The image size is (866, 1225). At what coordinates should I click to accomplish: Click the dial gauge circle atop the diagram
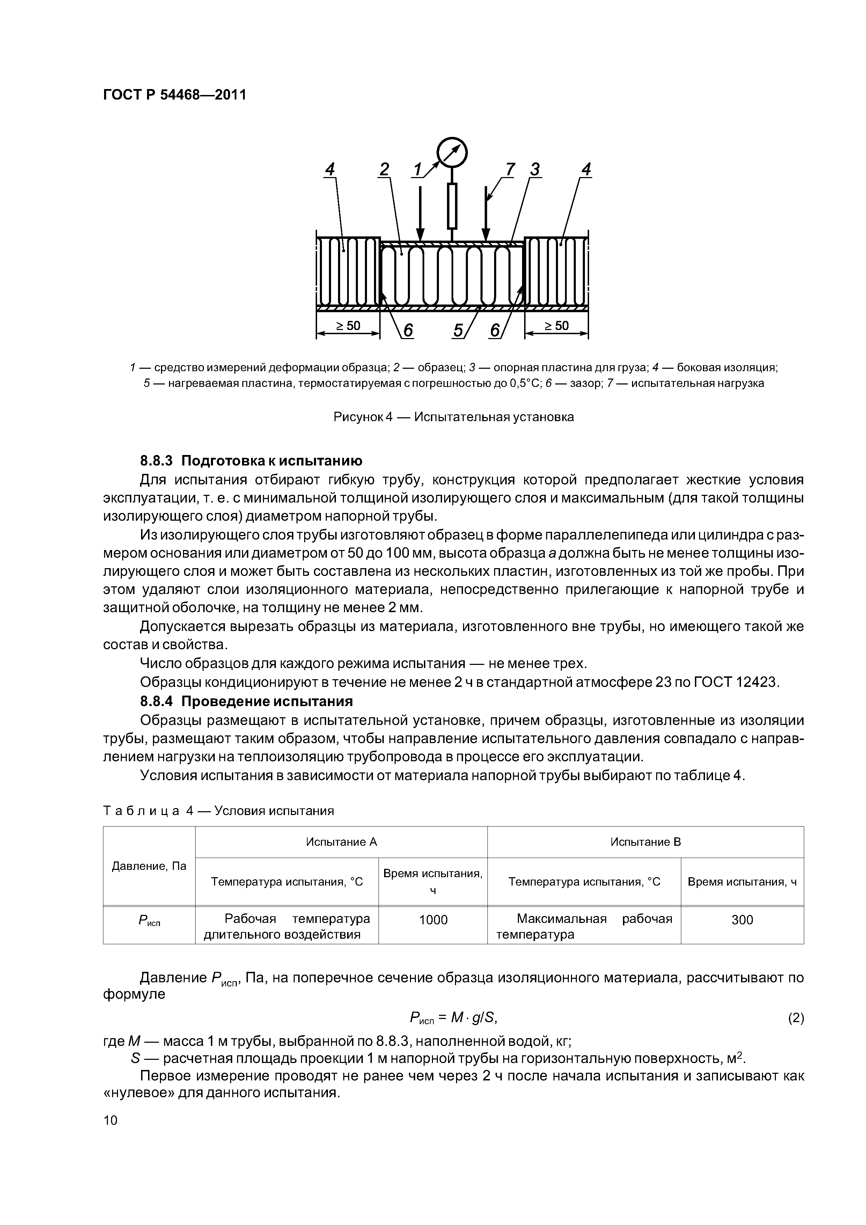452,153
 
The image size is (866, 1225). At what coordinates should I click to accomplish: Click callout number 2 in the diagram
384,170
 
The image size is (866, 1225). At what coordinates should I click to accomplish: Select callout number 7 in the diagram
510,170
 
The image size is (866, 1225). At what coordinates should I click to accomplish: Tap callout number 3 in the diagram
535,170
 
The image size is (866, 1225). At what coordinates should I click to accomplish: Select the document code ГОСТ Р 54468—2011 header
175,95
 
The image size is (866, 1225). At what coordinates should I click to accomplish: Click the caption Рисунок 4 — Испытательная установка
454,417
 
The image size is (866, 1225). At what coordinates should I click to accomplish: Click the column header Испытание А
342,842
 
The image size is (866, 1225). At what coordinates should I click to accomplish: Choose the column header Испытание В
646,842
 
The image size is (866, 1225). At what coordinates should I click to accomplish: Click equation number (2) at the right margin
795,1018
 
